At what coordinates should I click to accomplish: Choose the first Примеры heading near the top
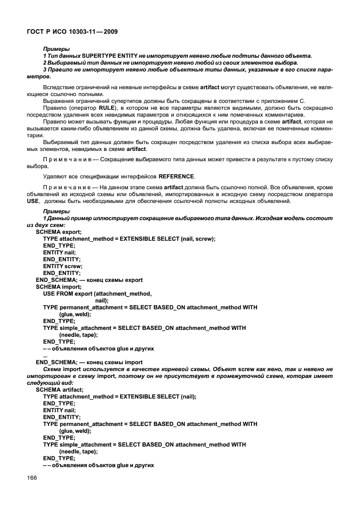click(x=55, y=49)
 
